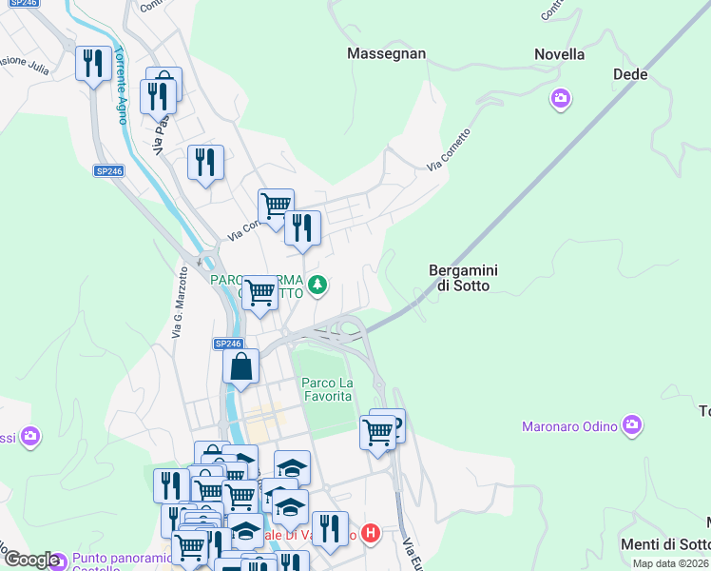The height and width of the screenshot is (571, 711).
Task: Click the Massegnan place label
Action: pos(386,53)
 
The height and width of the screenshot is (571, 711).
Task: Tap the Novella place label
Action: pos(559,54)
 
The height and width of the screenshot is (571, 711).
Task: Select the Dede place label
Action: pos(630,74)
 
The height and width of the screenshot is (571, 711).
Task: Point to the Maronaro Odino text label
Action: pos(569,426)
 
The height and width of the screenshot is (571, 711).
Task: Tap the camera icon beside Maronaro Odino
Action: pos(631,425)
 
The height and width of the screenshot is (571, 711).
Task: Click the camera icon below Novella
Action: pos(560,98)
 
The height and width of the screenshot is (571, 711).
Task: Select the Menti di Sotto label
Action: pos(665,544)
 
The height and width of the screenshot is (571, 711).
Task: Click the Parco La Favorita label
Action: pos(327,389)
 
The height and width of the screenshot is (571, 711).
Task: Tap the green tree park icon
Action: pos(317,284)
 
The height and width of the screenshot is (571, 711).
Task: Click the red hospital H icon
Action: pos(372,534)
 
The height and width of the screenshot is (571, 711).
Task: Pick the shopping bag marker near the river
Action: pos(241,365)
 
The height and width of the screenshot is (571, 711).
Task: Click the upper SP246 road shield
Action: pos(108,171)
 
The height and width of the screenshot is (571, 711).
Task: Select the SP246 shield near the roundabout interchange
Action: pos(228,344)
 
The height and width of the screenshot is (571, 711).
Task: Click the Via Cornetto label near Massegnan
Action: pos(449,150)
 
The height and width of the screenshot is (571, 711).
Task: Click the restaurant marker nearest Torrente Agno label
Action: pos(93,64)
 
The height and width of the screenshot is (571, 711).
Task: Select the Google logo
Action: pos(31,560)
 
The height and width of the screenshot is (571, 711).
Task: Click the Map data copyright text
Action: pos(670,563)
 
